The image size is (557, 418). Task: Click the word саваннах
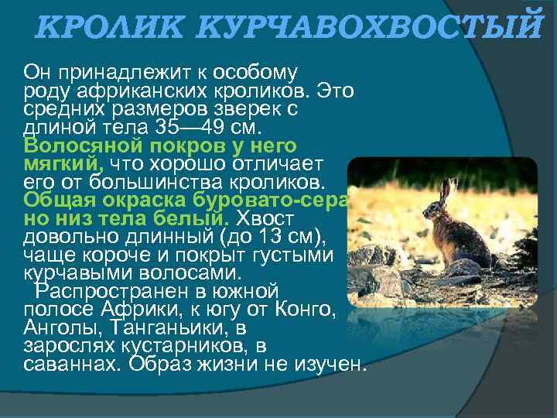point(70,365)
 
